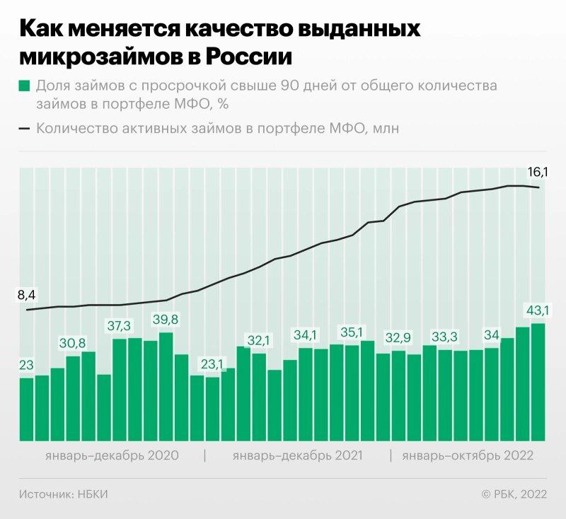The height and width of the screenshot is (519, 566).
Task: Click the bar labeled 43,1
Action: [538, 382]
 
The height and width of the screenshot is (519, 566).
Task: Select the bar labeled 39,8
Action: [166, 386]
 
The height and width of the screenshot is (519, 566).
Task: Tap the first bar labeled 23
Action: [26, 409]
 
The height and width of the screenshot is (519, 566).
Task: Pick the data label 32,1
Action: [259, 340]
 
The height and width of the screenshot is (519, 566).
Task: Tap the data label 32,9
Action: [398, 337]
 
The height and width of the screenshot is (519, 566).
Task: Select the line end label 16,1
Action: [538, 171]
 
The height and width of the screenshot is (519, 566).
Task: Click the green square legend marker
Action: [25, 86]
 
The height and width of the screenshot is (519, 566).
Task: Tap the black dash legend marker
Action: [25, 129]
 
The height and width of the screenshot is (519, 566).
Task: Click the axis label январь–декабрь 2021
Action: [297, 455]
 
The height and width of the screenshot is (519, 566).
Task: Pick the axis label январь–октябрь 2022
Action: [467, 455]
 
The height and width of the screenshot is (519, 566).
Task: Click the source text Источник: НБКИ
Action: [64, 494]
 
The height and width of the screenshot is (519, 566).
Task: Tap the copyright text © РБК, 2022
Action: [514, 494]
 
